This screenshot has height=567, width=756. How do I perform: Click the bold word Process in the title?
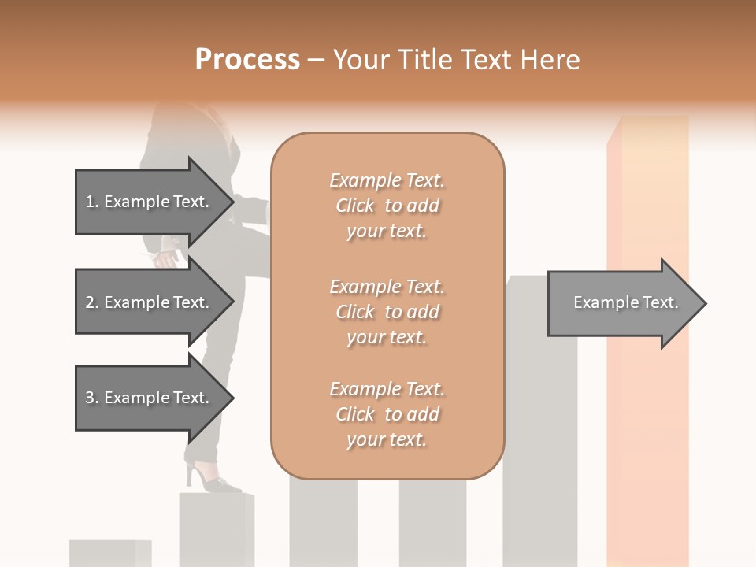pos(247,60)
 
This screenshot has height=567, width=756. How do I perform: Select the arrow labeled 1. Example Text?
pos(150,202)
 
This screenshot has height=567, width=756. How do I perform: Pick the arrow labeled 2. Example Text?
pos(150,302)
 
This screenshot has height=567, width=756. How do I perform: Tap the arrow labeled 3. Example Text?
pos(150,398)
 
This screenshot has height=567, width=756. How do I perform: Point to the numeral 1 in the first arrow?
pos(90,202)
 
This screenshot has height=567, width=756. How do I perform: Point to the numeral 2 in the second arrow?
pos(90,302)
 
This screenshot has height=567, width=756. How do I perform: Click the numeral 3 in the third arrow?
pos(90,398)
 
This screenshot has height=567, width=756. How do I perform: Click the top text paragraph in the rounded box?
pos(387,206)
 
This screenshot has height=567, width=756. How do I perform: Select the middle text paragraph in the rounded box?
pos(387,312)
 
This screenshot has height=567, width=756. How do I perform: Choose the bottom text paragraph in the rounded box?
pos(387,414)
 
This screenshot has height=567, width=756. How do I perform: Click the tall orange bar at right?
pos(647,441)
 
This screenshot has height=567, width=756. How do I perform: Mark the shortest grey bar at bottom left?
pos(109,553)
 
